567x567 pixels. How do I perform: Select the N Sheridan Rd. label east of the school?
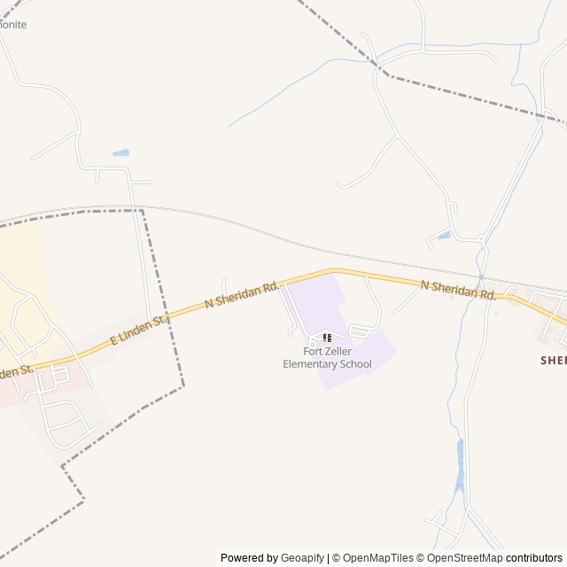[458, 289]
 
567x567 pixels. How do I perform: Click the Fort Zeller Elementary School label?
[327, 357]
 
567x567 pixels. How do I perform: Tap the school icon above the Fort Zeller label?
[327, 338]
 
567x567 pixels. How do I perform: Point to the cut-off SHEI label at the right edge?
[553, 360]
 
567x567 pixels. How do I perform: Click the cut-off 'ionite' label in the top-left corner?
[12, 25]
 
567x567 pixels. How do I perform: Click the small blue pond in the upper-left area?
[120, 153]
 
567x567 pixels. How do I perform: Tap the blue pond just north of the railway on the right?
[443, 236]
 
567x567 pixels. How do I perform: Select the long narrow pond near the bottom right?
[459, 465]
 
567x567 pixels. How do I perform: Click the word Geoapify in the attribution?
[302, 558]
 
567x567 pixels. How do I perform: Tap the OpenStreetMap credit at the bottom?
[464, 558]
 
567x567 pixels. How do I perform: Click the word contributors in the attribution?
[534, 558]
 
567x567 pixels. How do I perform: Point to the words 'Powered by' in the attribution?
[249, 558]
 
